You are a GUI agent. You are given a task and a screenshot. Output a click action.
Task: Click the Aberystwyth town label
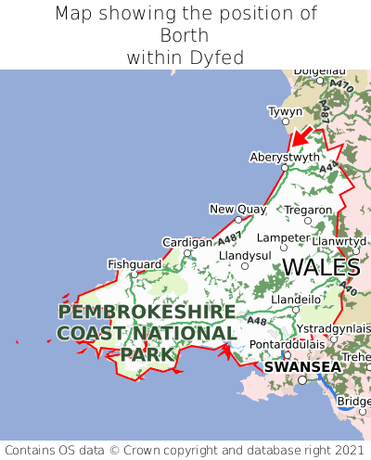(285, 157)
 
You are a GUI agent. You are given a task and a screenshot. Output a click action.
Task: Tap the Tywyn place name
(285, 111)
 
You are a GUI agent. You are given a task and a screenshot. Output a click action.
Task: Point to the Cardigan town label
(187, 242)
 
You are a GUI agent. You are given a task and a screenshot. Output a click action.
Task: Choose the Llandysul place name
(244, 254)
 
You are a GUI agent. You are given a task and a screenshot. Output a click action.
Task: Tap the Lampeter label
(283, 237)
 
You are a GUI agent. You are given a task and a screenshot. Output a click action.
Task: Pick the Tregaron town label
(308, 210)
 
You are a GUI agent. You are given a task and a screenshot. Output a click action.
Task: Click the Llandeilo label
(297, 300)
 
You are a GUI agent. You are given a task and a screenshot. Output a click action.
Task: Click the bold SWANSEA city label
(302, 366)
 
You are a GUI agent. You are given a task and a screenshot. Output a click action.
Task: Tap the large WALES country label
(321, 268)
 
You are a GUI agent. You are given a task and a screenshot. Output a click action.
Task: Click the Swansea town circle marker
(301, 379)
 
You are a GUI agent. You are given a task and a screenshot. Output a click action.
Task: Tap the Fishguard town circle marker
(134, 275)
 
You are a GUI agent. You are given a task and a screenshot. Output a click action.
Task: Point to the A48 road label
(257, 322)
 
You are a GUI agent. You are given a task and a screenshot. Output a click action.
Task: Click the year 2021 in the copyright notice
(339, 449)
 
